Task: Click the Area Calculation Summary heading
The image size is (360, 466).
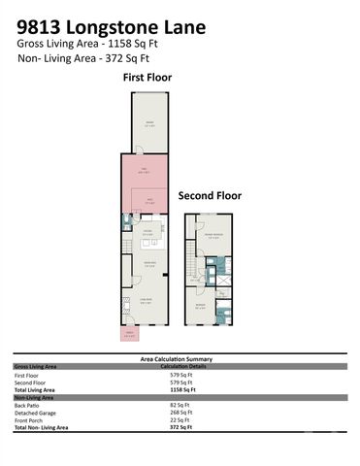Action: [x=179, y=358]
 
